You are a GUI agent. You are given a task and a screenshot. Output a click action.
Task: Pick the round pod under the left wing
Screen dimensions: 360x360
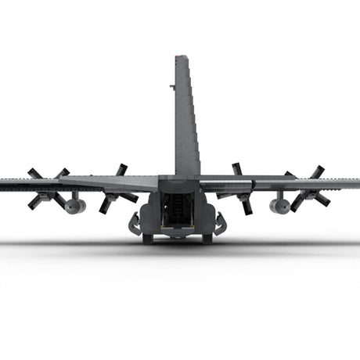pyautogui.click(x=75, y=206)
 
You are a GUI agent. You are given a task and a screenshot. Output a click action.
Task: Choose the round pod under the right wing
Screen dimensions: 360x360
pyautogui.click(x=279, y=206)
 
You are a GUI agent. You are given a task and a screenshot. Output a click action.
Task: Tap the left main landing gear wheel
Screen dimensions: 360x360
pyautogui.click(x=148, y=238)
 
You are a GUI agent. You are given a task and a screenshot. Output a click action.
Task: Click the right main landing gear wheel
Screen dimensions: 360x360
pyautogui.click(x=207, y=238)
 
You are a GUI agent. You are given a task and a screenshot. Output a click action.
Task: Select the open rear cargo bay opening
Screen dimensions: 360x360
pyautogui.click(x=177, y=211)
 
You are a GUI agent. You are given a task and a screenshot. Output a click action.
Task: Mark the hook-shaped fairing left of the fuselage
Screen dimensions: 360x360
pyautogui.click(x=135, y=225)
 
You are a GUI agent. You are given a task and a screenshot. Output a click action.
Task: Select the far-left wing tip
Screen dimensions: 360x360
pyautogui.click(x=3, y=185)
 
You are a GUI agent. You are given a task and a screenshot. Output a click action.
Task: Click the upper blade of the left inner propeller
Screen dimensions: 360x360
pyautogui.click(x=121, y=171)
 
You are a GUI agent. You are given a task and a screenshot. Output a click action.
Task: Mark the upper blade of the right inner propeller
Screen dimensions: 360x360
pyautogui.click(x=236, y=171)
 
